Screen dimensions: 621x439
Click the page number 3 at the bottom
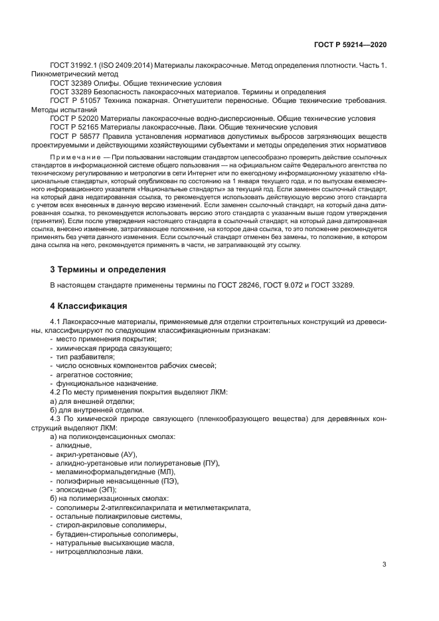pyautogui.click(x=384, y=565)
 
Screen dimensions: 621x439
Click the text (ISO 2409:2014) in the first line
pyautogui.click(x=130, y=66)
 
